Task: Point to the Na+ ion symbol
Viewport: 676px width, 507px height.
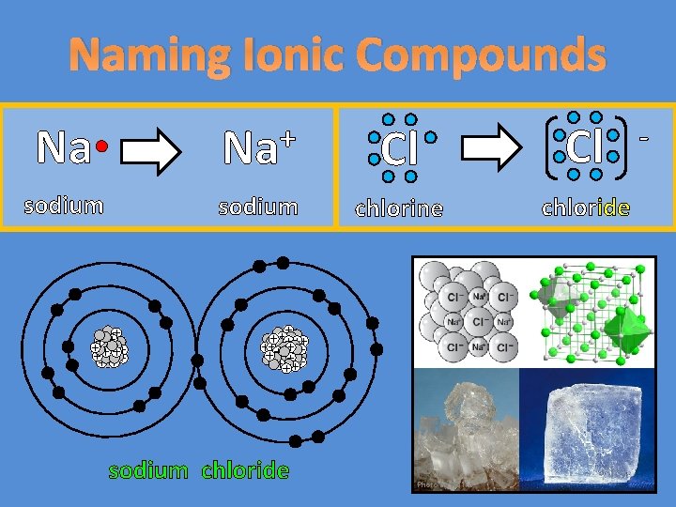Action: click(x=258, y=147)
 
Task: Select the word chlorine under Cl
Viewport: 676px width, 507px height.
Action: click(x=398, y=207)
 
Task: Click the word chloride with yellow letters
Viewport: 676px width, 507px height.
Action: click(x=586, y=207)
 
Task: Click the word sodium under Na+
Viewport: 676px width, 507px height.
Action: click(x=258, y=206)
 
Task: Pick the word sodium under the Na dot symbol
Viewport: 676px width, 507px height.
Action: click(x=64, y=205)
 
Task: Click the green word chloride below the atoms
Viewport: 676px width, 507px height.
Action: click(x=245, y=470)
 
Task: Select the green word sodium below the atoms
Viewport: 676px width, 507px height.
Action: click(x=148, y=470)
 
